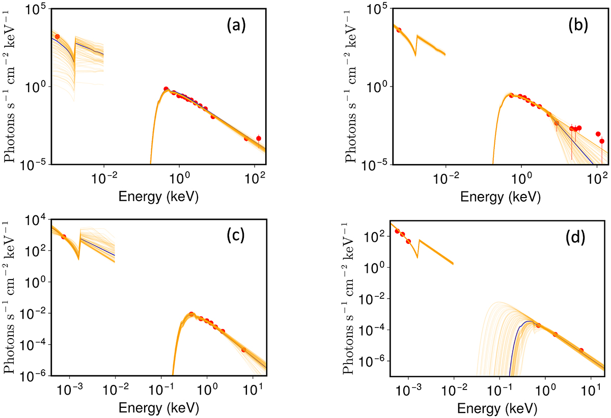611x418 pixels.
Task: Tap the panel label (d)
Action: pyautogui.click(x=574, y=238)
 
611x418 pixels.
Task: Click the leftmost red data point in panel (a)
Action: pyautogui.click(x=58, y=37)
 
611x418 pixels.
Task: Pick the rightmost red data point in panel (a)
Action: pyautogui.click(x=259, y=138)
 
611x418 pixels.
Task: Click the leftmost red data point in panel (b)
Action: pyautogui.click(x=399, y=30)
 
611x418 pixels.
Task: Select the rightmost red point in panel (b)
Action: pyautogui.click(x=602, y=141)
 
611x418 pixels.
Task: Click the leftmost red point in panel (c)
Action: pyautogui.click(x=64, y=237)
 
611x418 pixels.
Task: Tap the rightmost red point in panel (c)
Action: pyautogui.click(x=243, y=350)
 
